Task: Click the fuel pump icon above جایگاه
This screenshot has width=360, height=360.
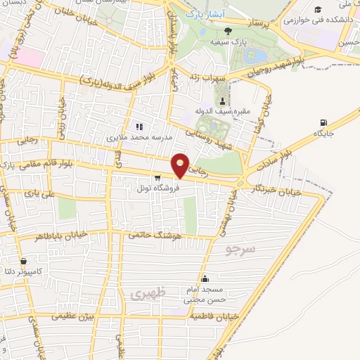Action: coord(323,122)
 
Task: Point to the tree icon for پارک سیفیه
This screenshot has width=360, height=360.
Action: coord(227,30)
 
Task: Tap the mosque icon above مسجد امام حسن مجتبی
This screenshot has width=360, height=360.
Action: coord(205,278)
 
